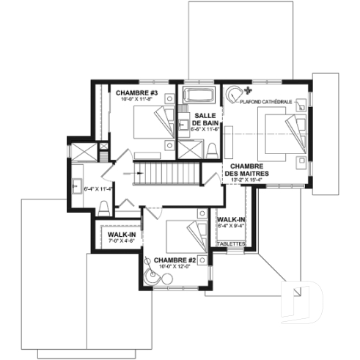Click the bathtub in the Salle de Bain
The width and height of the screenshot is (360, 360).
(x=196, y=95)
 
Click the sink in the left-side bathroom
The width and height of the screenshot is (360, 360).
(x=76, y=185)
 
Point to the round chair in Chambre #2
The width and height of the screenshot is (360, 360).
(x=149, y=260)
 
